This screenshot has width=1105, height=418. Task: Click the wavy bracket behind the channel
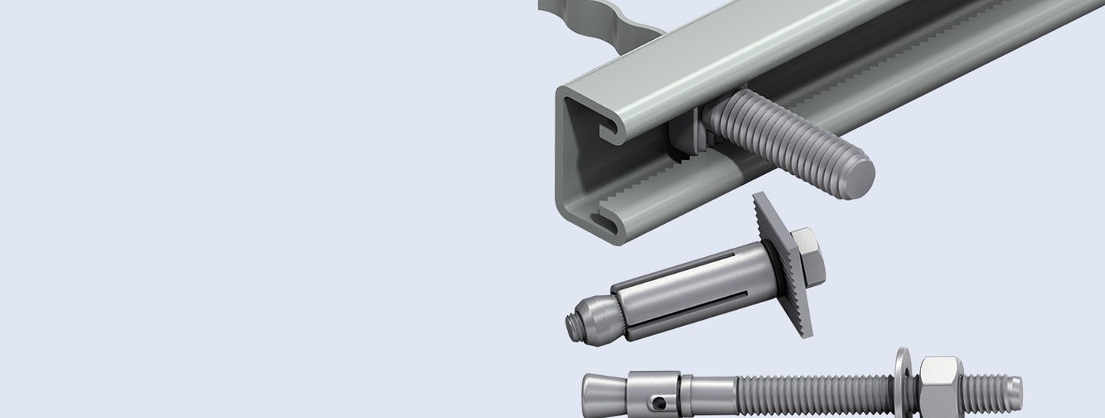tap(599, 19)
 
